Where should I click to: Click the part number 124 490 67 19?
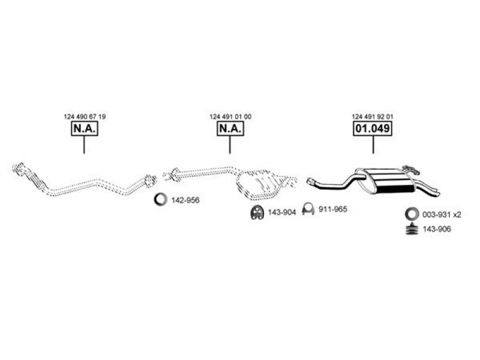pos(84,116)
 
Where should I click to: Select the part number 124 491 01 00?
pos(230,116)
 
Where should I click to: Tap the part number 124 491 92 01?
pos(373,116)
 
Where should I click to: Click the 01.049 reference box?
pos(373,129)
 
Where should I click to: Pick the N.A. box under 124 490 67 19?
pos(84,129)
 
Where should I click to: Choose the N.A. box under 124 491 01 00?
pos(230,129)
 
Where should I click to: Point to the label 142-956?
pos(185,200)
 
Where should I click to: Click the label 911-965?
pos(334,209)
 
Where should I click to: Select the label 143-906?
pos(437,230)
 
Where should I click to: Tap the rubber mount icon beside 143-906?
pos(412,230)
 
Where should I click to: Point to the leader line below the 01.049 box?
pos(373,145)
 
